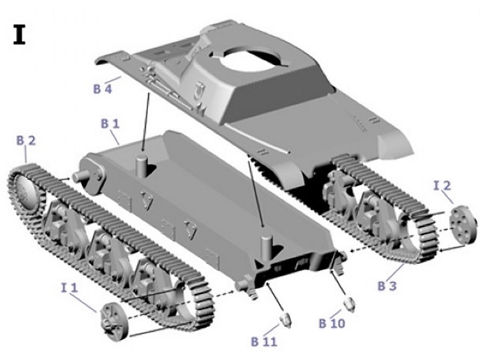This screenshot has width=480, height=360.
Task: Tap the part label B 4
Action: pyautogui.click(x=103, y=89)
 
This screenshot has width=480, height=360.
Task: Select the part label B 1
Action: pyautogui.click(x=110, y=124)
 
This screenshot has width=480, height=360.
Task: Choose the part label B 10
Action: pyautogui.click(x=331, y=324)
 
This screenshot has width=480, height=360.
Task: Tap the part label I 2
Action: pyautogui.click(x=442, y=185)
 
